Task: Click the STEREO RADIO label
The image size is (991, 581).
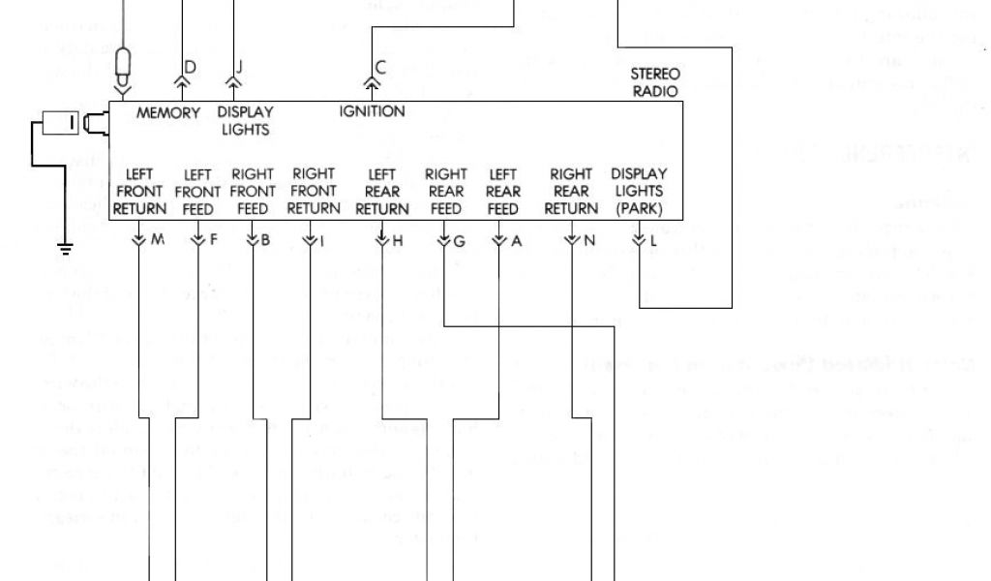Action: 655,82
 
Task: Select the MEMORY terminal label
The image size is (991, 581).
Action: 168,112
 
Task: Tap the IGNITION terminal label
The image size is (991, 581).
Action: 372,111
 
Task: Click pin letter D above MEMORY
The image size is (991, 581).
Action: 190,66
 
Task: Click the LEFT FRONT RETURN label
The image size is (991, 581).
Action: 140,191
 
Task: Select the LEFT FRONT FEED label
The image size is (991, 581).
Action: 197,192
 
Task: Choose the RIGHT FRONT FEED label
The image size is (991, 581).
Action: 253,191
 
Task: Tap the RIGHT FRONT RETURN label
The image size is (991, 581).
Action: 314,191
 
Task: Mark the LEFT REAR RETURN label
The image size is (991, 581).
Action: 382,192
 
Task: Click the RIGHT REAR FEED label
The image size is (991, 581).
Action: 446,192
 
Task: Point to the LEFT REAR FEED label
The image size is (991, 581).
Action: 503,192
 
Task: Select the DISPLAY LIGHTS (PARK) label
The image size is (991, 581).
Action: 639,192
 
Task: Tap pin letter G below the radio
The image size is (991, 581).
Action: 460,241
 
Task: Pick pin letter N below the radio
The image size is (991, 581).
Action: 588,240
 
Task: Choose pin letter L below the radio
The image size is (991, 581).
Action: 655,240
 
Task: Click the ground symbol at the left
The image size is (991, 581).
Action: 66,249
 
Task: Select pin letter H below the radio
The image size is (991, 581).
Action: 397,240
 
